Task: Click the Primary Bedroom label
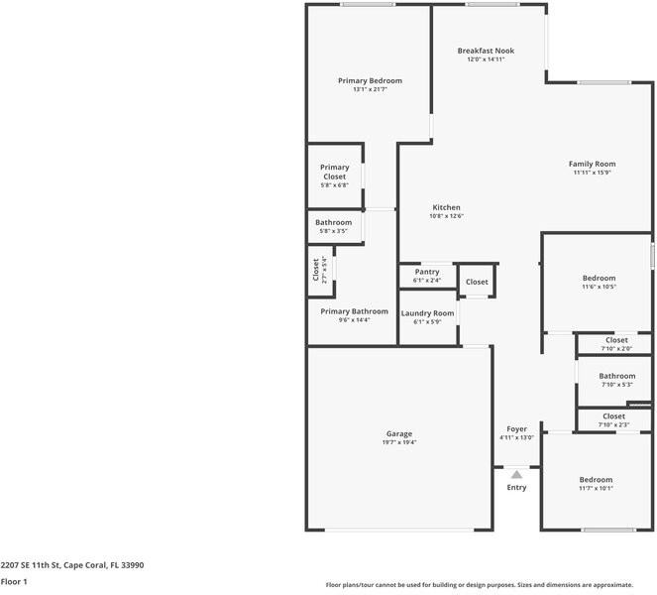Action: click(x=370, y=80)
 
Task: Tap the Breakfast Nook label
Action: click(x=486, y=51)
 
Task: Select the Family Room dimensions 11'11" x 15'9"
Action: click(x=592, y=173)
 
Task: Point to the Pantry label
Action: click(x=427, y=272)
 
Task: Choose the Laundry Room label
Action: click(x=427, y=313)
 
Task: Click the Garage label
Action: click(x=398, y=433)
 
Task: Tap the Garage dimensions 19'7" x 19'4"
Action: click(x=398, y=442)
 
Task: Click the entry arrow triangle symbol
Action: click(x=516, y=474)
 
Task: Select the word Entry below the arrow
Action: click(x=516, y=487)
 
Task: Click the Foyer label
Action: click(x=516, y=428)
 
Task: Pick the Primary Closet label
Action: click(x=334, y=172)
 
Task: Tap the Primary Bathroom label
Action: click(x=354, y=311)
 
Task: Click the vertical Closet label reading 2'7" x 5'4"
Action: click(x=316, y=271)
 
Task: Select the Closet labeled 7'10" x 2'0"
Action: click(x=615, y=340)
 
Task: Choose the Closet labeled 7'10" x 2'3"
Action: click(x=613, y=416)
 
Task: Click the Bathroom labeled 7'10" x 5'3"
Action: click(x=616, y=376)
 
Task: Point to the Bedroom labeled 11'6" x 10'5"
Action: click(x=598, y=279)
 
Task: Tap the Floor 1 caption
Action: click(x=14, y=581)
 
